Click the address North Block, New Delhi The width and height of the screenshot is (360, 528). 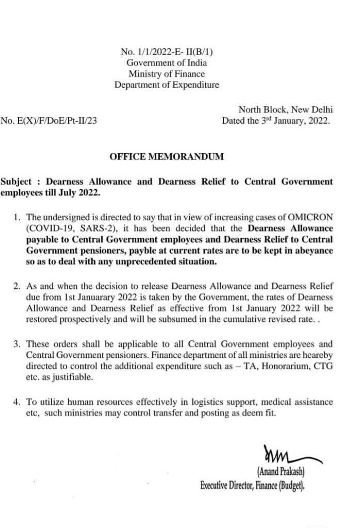pos(285,110)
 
